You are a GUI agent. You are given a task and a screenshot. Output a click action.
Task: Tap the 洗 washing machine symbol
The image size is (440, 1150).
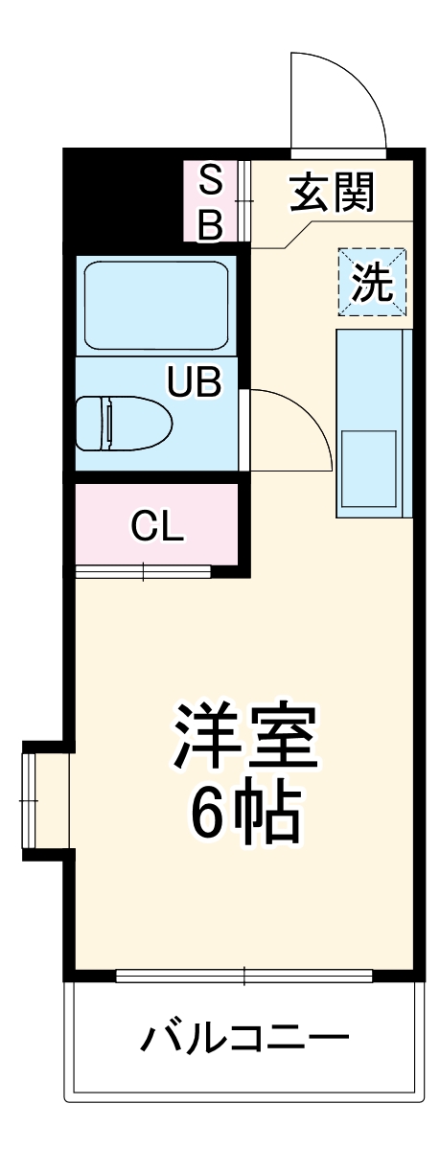tap(372, 282)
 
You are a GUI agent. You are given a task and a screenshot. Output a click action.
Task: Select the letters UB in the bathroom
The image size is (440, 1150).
tap(195, 381)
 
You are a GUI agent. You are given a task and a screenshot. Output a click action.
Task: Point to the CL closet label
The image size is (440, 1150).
tap(156, 526)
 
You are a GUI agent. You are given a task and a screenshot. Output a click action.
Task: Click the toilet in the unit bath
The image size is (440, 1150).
tap(124, 424)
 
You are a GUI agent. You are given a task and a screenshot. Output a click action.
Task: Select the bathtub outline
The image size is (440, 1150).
tap(156, 306)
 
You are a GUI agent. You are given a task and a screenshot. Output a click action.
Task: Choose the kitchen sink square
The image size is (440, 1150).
tap(369, 469)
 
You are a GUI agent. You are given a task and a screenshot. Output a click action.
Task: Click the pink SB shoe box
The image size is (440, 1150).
tap(211, 201)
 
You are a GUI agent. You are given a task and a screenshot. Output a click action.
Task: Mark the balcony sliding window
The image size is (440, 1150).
tap(243, 975)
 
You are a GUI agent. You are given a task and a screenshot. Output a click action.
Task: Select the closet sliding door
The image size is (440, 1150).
tap(143, 571)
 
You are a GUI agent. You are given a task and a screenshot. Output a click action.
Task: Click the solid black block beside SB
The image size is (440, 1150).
tap(124, 201)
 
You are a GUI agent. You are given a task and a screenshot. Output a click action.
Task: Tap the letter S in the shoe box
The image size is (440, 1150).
tap(211, 181)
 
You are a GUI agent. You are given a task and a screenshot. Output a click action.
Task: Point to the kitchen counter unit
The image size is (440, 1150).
tap(374, 423)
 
